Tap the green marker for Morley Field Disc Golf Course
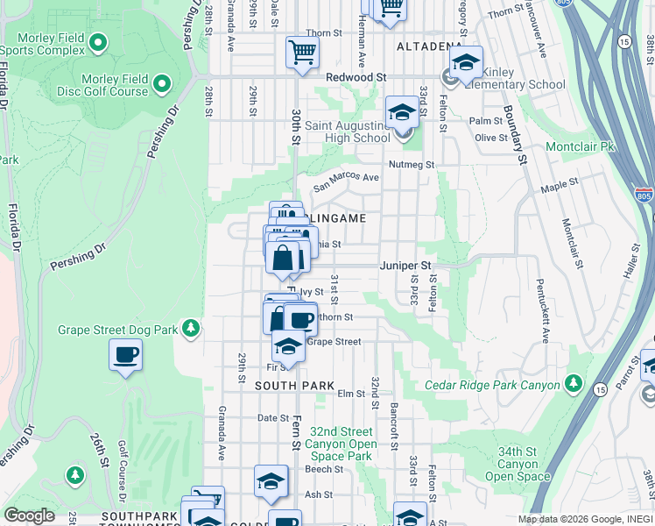point(161,84)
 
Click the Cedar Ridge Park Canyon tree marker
point(574,384)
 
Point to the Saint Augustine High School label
point(348,131)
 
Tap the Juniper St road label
point(405,265)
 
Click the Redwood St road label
point(356,77)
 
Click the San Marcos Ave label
point(347,179)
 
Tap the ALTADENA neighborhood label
point(429,46)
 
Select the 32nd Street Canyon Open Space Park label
point(342,444)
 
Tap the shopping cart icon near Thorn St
point(302,50)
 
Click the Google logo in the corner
point(29,515)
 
